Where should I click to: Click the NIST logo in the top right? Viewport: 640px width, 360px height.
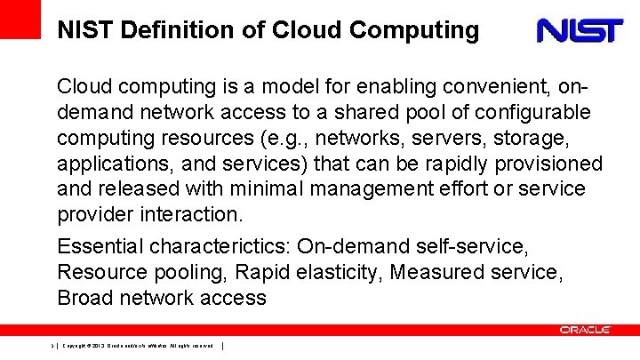click(x=579, y=31)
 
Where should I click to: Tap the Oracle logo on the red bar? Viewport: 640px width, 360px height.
click(x=585, y=330)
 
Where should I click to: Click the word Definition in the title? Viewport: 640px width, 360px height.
click(x=176, y=31)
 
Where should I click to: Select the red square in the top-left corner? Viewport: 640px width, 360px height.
click(x=20, y=19)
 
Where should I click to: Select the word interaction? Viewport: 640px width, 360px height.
click(x=191, y=216)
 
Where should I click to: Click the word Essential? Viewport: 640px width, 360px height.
click(x=99, y=245)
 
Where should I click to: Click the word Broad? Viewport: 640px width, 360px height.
click(x=85, y=297)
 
